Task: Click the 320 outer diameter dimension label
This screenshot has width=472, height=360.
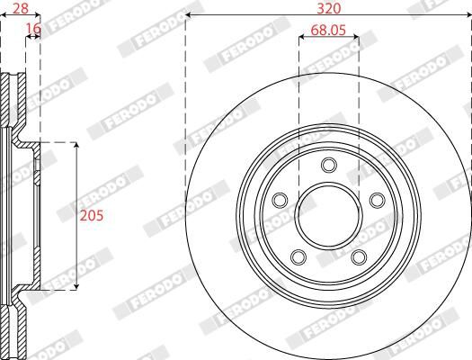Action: (x=328, y=7)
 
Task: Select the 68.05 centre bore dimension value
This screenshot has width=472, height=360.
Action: (x=328, y=30)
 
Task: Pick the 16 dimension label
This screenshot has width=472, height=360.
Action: (x=33, y=30)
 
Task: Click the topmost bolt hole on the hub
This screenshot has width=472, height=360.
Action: (x=328, y=165)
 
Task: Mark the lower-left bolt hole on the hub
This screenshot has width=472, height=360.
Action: (x=298, y=258)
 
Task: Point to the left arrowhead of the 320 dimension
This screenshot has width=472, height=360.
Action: (x=189, y=16)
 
